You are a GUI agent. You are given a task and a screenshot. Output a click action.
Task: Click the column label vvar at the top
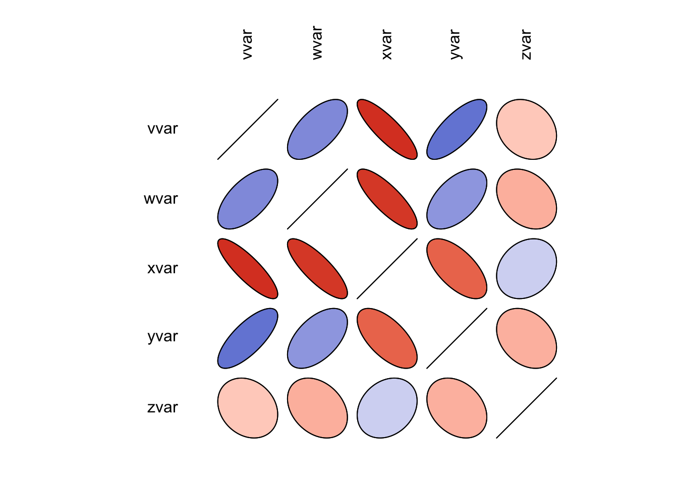247,44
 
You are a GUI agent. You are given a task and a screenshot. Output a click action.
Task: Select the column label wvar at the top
317,43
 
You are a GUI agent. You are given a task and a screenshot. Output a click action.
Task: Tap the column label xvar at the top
386,44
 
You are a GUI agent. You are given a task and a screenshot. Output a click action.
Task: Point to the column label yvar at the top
455,44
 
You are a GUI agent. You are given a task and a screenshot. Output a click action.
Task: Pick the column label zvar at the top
526,44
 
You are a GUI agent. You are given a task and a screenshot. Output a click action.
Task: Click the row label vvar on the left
162,129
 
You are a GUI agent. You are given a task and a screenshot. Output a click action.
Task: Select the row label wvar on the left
161,199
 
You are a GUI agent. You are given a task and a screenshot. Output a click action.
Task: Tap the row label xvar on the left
162,268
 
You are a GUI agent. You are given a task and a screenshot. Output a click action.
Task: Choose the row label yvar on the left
162,336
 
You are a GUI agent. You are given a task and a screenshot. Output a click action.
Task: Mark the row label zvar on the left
162,407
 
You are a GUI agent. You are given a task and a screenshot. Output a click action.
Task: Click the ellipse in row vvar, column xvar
387,129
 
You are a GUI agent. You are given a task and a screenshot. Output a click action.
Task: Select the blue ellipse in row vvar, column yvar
457,129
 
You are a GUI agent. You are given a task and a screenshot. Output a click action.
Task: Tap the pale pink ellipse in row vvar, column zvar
526,129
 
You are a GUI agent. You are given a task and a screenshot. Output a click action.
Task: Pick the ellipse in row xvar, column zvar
526,269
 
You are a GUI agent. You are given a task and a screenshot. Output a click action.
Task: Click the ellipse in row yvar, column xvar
387,338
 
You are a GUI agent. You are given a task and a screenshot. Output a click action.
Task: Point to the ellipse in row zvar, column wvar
317,408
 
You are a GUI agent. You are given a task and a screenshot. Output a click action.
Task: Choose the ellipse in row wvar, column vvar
248,199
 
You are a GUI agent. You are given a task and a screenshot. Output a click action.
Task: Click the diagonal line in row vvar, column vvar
248,129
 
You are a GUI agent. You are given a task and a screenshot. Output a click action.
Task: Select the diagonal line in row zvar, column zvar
526,408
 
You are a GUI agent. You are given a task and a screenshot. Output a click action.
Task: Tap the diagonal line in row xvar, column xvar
387,269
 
